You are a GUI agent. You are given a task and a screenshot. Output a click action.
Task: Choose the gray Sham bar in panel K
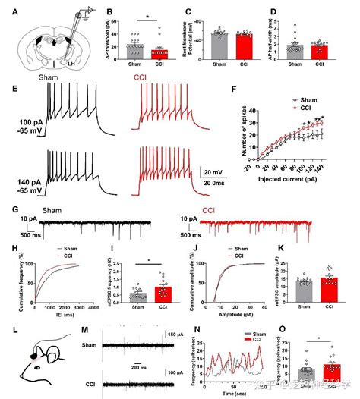pyautogui.click(x=306, y=292)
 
